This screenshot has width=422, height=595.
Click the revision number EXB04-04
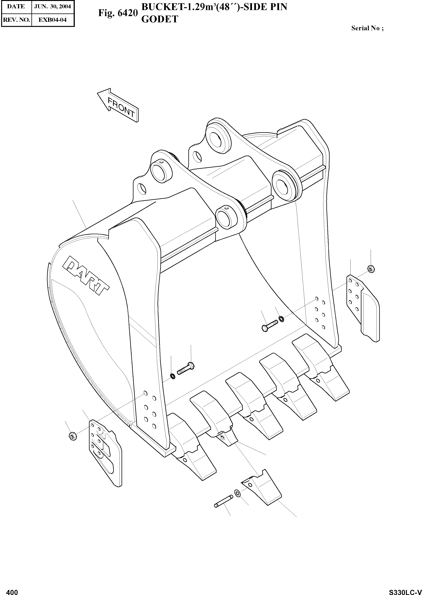(x=52, y=20)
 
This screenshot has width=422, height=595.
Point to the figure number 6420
(x=118, y=13)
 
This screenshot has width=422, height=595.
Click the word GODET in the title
(x=160, y=19)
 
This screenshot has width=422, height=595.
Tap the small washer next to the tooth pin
(x=237, y=492)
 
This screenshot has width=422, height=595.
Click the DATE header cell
(x=16, y=6)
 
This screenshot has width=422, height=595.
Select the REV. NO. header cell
(x=16, y=20)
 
